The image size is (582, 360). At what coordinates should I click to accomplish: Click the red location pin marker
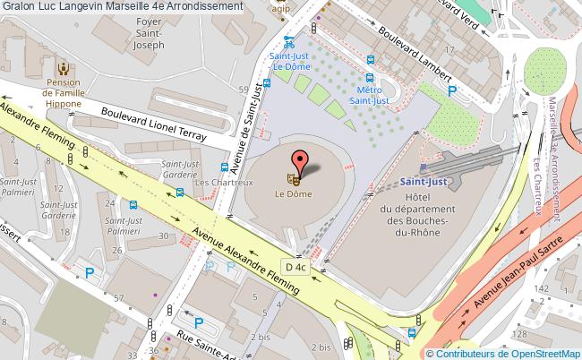(x=300, y=161)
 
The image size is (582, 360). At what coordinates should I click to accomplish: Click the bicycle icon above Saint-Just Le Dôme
(x=288, y=39)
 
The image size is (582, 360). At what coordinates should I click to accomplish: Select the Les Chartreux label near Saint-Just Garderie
(x=215, y=183)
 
